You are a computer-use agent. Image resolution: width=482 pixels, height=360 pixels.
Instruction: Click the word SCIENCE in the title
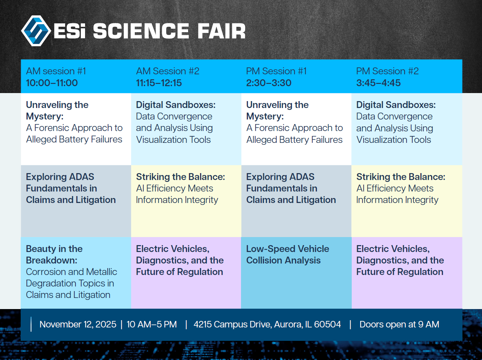(x=141, y=31)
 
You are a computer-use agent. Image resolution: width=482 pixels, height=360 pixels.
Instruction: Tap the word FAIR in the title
(x=221, y=31)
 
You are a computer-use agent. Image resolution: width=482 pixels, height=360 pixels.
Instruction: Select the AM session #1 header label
(x=56, y=71)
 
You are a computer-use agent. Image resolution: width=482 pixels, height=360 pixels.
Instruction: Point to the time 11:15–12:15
(x=159, y=83)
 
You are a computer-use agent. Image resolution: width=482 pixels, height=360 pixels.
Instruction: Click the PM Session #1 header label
(x=276, y=71)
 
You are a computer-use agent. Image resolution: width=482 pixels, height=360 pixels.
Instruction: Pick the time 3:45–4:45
(x=378, y=83)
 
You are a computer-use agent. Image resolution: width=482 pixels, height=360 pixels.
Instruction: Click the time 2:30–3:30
(x=269, y=83)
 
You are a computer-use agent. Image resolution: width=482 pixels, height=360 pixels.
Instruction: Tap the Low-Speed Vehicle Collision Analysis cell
(x=296, y=273)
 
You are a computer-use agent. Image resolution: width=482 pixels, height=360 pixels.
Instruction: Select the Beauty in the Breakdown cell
(x=76, y=273)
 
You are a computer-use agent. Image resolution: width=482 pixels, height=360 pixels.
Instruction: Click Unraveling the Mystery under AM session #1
(x=57, y=111)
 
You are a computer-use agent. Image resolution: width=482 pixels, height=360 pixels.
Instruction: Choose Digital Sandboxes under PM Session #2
(x=396, y=105)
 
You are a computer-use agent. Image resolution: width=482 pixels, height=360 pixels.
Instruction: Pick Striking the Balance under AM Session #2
(x=180, y=177)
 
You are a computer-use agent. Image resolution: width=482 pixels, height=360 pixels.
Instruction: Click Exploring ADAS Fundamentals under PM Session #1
(x=291, y=188)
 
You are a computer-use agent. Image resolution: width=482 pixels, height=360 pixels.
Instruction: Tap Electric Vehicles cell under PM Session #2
(x=407, y=273)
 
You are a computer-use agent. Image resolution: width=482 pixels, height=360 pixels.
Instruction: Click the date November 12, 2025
(x=78, y=324)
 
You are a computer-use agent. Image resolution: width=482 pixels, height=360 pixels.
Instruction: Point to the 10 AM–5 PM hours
(x=152, y=324)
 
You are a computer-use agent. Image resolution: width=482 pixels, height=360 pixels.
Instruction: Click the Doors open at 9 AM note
(x=399, y=324)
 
